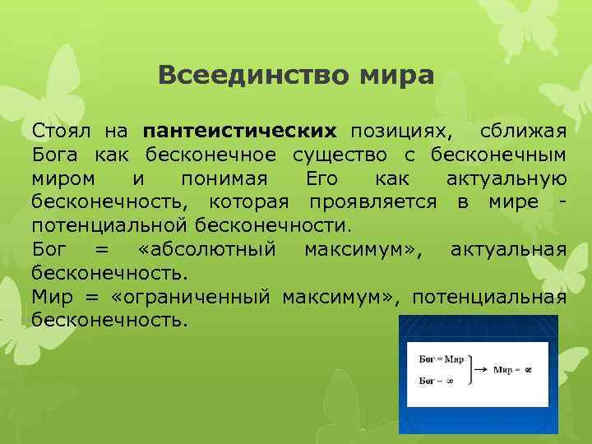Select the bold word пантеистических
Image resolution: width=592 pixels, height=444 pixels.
point(239,131)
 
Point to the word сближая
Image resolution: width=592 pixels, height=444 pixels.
point(523,131)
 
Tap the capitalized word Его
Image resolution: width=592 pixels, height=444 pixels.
point(322,178)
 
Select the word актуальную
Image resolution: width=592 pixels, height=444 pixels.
point(506,178)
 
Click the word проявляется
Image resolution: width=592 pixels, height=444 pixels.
point(372,201)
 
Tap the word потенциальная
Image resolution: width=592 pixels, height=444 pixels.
point(489,296)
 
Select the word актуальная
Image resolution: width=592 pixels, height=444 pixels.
point(508,249)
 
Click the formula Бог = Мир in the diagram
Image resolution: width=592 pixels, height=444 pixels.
point(441,360)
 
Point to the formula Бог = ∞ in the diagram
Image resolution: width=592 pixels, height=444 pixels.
point(436,381)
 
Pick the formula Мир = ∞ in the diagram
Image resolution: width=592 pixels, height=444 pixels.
point(513,371)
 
